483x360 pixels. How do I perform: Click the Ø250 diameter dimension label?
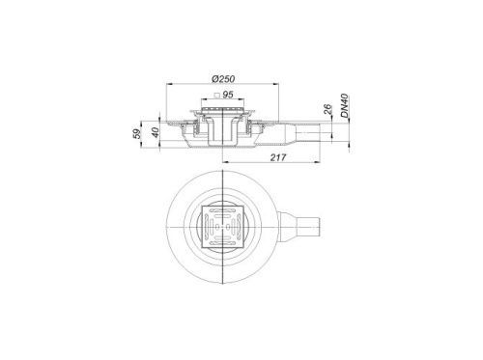pyautogui.click(x=223, y=79)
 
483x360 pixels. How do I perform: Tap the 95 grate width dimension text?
pyautogui.click(x=228, y=95)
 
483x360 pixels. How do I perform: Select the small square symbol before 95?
pyautogui.click(x=217, y=95)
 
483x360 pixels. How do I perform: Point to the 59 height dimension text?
pyautogui.click(x=137, y=133)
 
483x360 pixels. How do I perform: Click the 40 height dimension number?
pyautogui.click(x=156, y=132)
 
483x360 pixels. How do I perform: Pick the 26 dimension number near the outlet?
pyautogui.click(x=327, y=109)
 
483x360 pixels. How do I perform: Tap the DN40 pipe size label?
pyautogui.click(x=345, y=106)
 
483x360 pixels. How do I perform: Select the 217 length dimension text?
pyautogui.click(x=277, y=157)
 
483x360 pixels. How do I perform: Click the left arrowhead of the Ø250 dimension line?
pyautogui.click(x=168, y=84)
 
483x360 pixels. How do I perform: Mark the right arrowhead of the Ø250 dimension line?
pyautogui.click(x=276, y=84)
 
